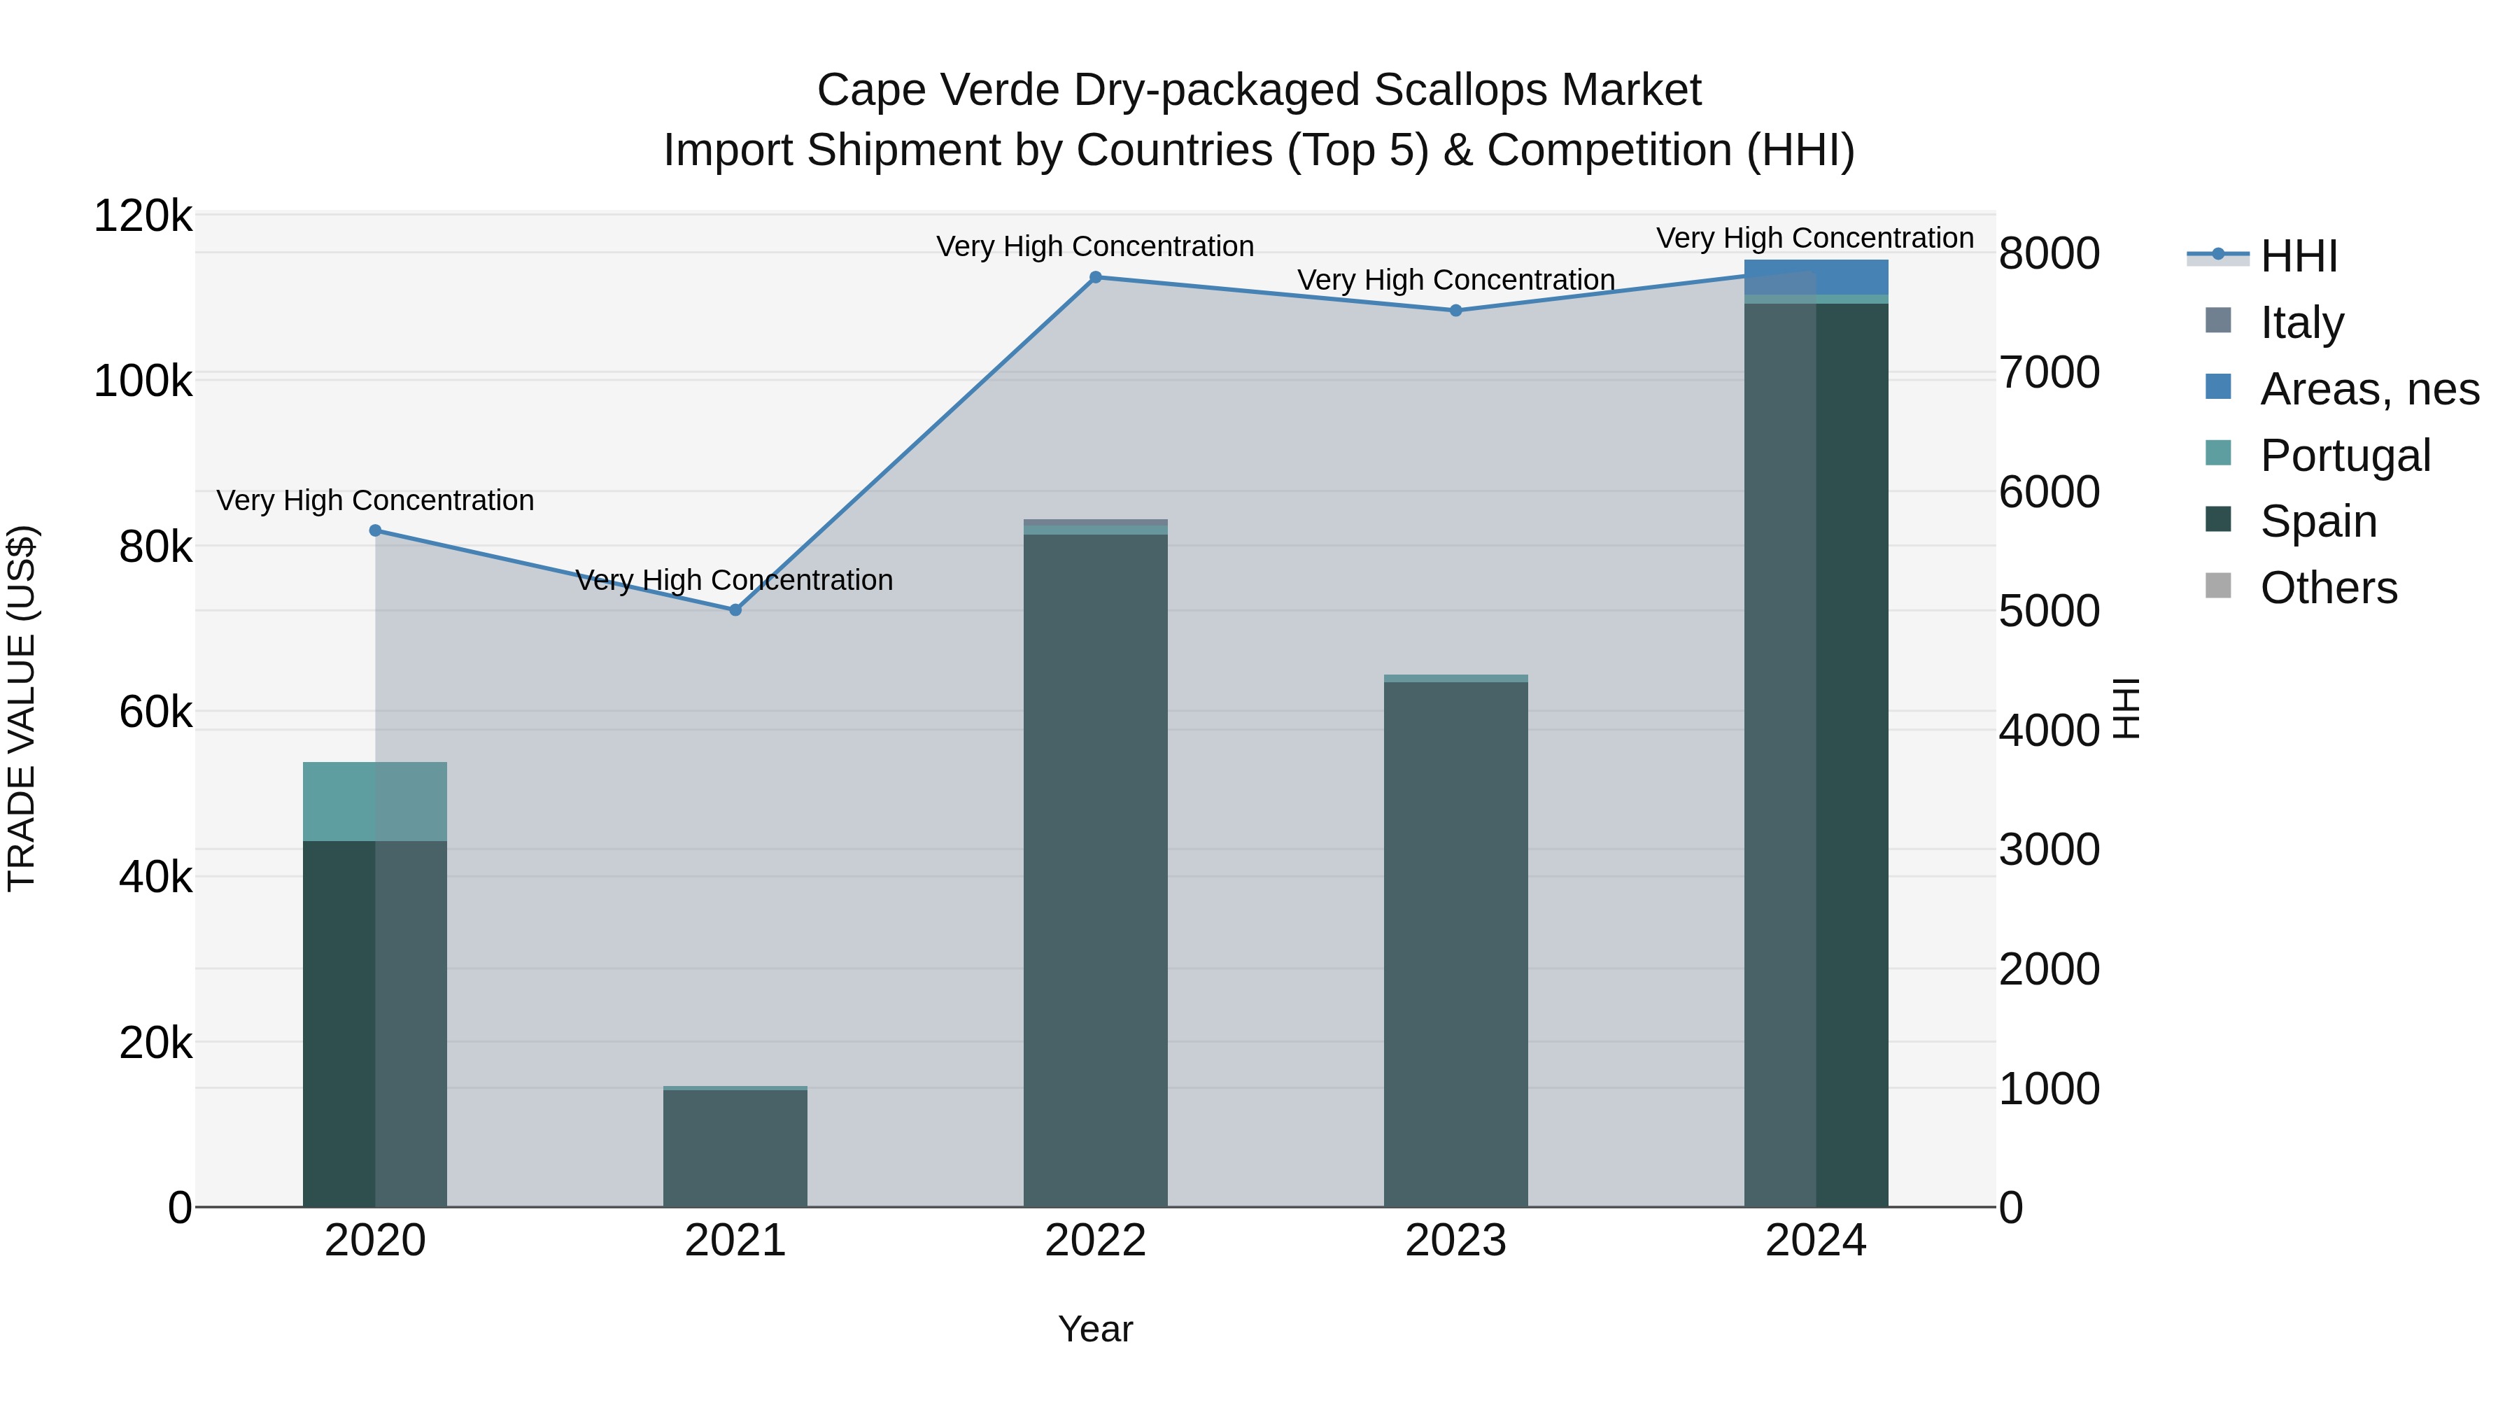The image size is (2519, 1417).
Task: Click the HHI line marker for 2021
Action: (735, 609)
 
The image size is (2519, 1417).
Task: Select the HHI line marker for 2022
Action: (1095, 276)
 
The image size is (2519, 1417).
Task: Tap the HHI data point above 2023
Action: (1455, 310)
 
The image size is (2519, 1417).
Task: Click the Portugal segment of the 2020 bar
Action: (374, 801)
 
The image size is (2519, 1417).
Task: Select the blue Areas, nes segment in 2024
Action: (1816, 276)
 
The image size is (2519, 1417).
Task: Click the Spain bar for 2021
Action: (735, 1148)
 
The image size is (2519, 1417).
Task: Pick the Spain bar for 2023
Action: (1455, 944)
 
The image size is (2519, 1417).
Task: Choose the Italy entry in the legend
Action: (2301, 322)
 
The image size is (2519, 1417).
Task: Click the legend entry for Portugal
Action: (2344, 455)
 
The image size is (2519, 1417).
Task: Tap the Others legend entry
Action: (2327, 588)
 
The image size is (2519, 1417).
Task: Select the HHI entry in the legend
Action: (2298, 256)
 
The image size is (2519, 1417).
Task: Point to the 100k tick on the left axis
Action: (143, 381)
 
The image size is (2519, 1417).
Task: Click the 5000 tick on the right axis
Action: (2049, 611)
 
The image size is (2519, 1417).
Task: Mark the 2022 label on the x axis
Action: (1095, 1240)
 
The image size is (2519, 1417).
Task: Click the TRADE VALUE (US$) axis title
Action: (22, 708)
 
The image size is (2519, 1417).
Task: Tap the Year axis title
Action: (1095, 1329)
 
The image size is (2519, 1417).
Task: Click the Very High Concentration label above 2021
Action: (733, 580)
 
